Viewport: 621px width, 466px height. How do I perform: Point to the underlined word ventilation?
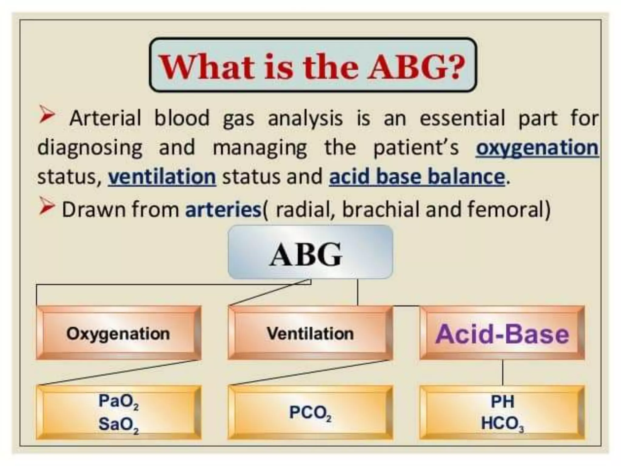tap(162, 177)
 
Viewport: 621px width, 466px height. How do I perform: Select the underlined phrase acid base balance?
tap(417, 177)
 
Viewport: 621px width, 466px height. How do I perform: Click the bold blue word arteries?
tap(223, 209)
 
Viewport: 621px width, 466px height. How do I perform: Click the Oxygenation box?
tap(118, 333)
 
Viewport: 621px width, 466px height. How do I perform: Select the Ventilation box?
tap(310, 333)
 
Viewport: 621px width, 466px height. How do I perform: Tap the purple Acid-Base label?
tap(502, 334)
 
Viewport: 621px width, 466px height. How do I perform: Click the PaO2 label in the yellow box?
tap(118, 401)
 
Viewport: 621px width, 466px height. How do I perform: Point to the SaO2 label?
tap(118, 424)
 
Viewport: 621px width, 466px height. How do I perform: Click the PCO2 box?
tap(310, 413)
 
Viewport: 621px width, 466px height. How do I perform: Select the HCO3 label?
tap(502, 424)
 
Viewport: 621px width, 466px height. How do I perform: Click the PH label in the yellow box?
tap(502, 402)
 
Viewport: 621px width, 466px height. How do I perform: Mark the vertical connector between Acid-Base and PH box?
tap(502, 373)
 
